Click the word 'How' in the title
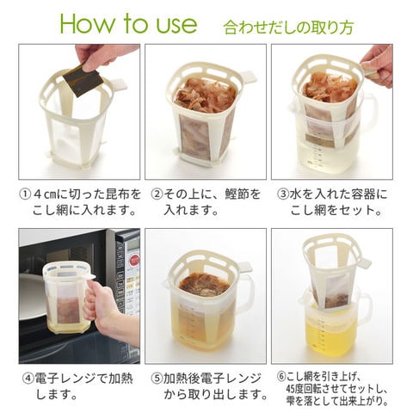(x=87, y=23)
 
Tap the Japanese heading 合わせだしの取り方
(x=288, y=28)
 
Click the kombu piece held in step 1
(x=83, y=78)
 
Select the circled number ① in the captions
(x=25, y=194)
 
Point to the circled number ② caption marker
(x=157, y=194)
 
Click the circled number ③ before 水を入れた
(x=283, y=194)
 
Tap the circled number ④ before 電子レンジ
(x=28, y=379)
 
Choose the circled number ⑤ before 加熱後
(x=157, y=379)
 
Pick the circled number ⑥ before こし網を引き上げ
(x=281, y=376)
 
